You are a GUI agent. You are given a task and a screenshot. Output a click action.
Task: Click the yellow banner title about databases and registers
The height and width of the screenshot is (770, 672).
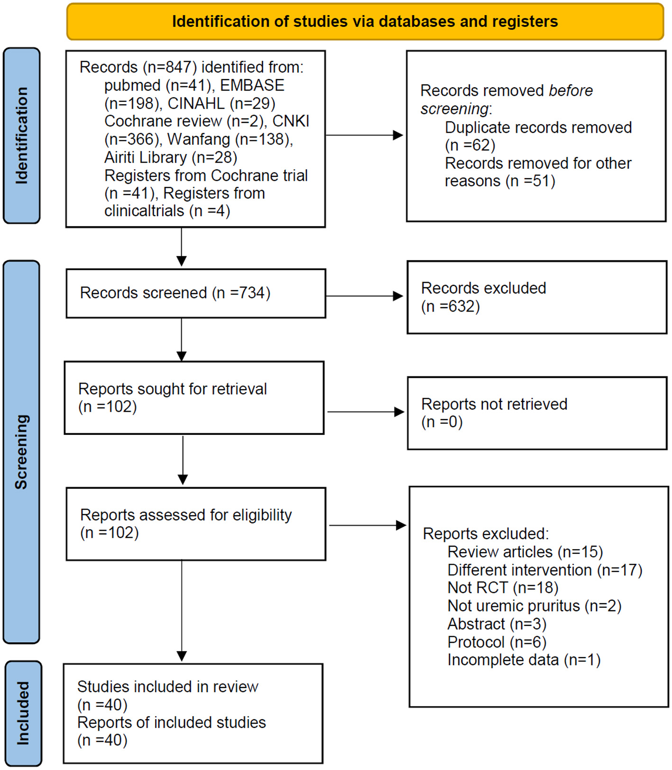coord(365,22)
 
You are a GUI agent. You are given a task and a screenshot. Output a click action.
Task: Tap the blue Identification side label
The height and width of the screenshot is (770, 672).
coord(22,135)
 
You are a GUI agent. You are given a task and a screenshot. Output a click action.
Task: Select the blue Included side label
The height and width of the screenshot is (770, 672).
coord(23,713)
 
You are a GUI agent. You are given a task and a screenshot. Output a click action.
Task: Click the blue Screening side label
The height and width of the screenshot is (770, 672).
coord(21,451)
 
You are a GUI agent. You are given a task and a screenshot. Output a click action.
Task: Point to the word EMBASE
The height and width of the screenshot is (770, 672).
coord(252,85)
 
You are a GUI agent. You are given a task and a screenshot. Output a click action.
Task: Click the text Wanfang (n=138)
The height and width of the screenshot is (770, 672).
coord(230,139)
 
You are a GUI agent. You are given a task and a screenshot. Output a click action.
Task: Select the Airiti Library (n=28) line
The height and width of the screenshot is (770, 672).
coord(171,157)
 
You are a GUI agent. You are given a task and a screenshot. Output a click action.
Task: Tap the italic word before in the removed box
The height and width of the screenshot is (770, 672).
coord(571,91)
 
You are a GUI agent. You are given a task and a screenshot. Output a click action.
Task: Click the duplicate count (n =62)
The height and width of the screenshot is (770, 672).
coord(470,145)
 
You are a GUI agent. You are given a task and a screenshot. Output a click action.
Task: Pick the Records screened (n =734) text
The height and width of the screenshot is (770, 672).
coord(175,293)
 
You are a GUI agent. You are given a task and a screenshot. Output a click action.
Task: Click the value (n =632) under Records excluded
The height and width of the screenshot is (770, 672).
coord(451,307)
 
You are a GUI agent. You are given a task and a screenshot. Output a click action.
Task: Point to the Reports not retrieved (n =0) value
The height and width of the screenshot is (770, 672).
coord(442,422)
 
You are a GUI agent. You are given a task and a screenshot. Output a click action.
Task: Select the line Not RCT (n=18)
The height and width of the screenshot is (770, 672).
coord(503,588)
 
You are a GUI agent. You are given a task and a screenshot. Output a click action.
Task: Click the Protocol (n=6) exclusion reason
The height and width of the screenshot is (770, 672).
coord(497,642)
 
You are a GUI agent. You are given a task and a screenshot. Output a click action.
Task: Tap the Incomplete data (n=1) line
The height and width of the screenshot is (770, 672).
coord(524,660)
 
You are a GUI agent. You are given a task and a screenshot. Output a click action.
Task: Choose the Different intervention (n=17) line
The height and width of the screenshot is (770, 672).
coord(544,570)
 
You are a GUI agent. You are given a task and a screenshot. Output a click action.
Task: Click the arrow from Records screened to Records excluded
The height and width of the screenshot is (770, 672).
coord(364,296)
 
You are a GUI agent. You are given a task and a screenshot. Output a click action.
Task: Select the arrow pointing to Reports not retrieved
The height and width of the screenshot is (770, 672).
coord(365,412)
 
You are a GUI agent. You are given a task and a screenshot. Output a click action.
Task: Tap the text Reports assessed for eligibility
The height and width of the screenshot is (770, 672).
coord(186,515)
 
